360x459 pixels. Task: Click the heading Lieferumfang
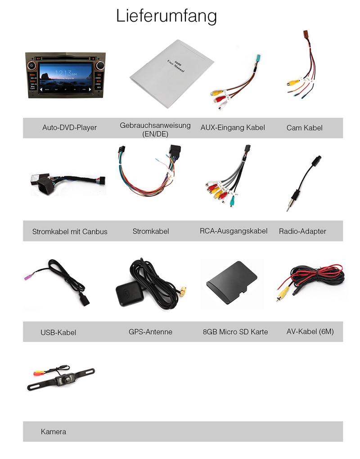[x=166, y=16]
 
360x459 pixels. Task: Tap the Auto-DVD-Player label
[x=69, y=128]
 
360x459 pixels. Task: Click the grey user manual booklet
[x=171, y=73]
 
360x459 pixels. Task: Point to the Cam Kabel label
[x=304, y=128]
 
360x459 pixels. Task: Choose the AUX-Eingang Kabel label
[x=233, y=127]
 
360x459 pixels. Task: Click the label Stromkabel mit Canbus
[x=70, y=232]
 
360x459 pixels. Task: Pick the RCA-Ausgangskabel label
[x=234, y=231]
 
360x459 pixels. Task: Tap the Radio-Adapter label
[x=302, y=231]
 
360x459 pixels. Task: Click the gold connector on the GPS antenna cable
[x=184, y=291]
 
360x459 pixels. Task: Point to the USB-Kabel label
[x=58, y=333]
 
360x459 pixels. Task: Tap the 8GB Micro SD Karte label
[x=235, y=332]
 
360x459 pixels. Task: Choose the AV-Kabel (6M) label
[x=310, y=332]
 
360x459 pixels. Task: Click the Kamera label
[x=54, y=432]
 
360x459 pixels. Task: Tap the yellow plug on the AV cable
[x=281, y=295]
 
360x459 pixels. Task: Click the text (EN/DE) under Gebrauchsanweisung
[x=155, y=134]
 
